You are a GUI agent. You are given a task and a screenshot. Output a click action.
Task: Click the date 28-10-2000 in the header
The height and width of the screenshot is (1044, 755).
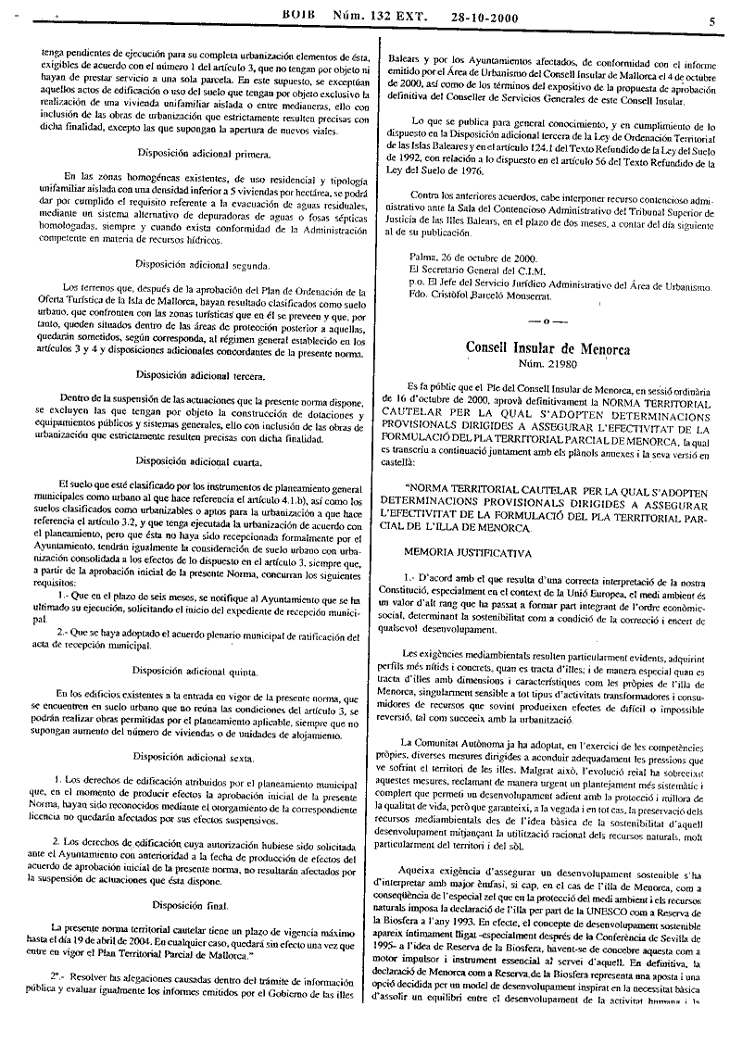point(483,18)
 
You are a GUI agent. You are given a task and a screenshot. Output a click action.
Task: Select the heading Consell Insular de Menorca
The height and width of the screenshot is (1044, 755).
point(547,349)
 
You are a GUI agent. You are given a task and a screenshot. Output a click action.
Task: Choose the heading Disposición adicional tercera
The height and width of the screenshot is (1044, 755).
point(198,376)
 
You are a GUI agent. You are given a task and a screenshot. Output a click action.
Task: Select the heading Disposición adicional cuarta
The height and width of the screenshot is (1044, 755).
point(198,460)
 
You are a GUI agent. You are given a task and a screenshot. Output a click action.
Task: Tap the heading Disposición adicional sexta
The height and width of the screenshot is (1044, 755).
point(197,756)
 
